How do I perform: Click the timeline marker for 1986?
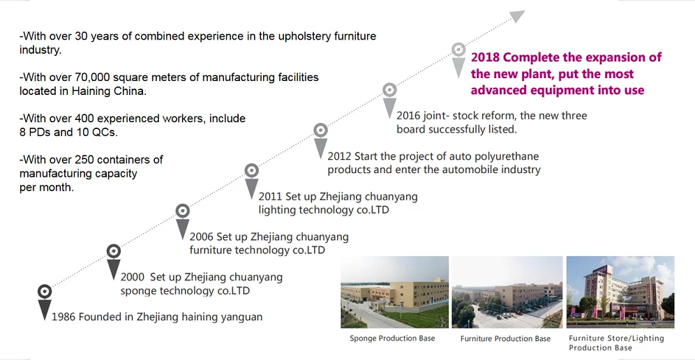point(44,292)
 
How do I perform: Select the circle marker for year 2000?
point(113,251)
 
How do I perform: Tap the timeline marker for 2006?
point(182,210)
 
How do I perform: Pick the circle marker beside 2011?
point(251,170)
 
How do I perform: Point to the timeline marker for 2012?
point(320,130)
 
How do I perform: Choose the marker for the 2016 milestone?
point(389,89)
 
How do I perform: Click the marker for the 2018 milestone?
point(458,50)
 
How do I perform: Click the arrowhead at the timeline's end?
point(517,15)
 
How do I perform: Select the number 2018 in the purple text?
point(485,57)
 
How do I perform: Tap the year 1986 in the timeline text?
point(63,317)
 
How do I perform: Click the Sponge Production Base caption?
point(392,338)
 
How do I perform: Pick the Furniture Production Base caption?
point(505,339)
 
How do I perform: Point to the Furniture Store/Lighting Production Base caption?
point(616,343)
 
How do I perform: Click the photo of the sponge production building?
point(394,292)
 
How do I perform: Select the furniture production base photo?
point(507,292)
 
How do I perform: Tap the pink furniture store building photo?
point(620,292)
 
